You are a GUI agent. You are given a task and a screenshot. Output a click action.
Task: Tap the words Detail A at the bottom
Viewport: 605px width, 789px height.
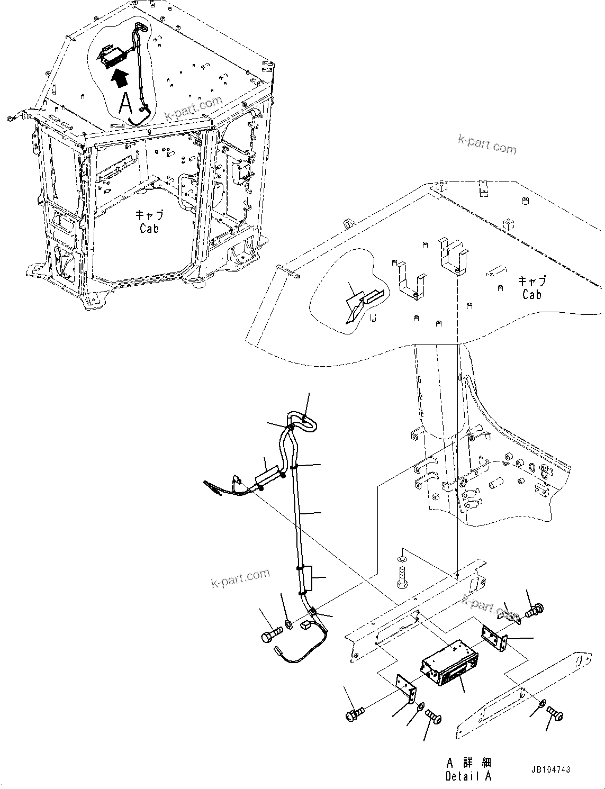pyautogui.click(x=468, y=776)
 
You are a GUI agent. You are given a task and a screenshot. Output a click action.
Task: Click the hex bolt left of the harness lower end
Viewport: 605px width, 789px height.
pyautogui.click(x=270, y=635)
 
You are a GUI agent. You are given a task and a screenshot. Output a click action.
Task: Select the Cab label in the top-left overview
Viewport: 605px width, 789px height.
pyautogui.click(x=149, y=222)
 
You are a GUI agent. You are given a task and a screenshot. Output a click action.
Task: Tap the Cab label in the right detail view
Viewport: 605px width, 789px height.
pyautogui.click(x=531, y=288)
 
